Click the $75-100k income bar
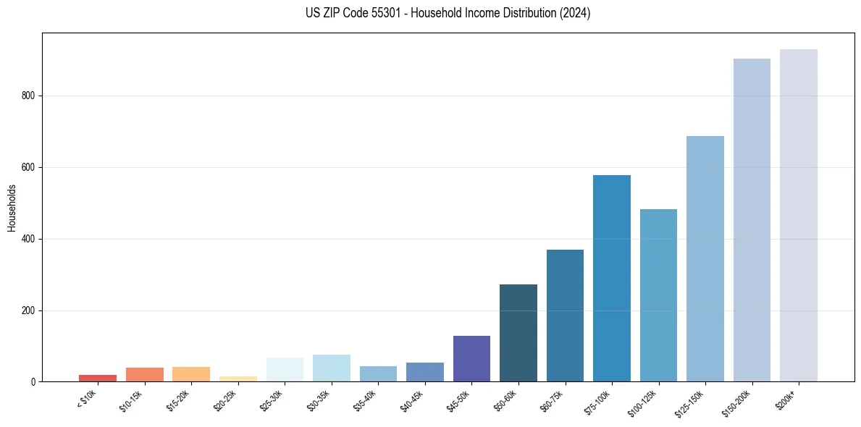click(x=611, y=279)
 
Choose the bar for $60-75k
click(x=565, y=316)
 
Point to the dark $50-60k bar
click(x=518, y=333)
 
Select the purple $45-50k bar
click(x=471, y=359)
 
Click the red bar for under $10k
click(x=98, y=378)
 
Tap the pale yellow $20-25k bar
click(x=238, y=379)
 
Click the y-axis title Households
click(x=12, y=208)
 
